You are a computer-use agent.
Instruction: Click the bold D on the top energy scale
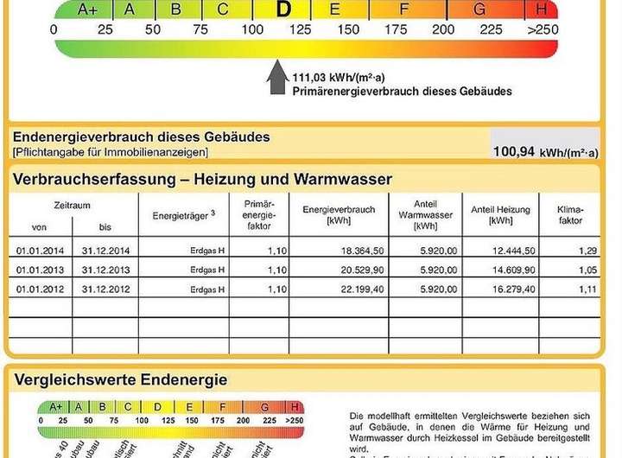(x=282, y=10)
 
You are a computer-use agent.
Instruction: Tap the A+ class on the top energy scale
(x=87, y=10)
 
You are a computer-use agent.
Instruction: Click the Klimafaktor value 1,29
(x=587, y=251)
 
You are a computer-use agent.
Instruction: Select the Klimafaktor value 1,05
(x=587, y=270)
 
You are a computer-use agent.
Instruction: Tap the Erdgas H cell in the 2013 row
(x=209, y=270)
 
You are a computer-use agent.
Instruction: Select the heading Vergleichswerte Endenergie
(x=120, y=379)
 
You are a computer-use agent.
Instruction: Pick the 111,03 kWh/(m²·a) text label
(x=339, y=77)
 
